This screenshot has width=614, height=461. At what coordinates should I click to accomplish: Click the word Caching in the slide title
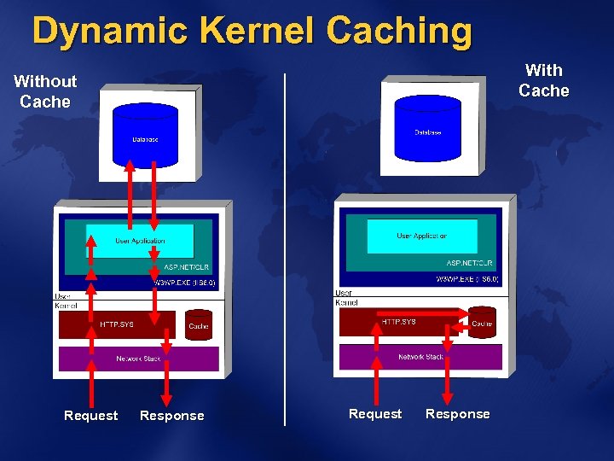(x=399, y=31)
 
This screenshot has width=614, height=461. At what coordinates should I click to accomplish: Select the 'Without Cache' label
(x=45, y=91)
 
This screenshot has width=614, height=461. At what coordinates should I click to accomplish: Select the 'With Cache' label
(x=543, y=80)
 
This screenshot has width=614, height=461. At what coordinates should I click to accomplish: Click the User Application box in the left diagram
(x=139, y=242)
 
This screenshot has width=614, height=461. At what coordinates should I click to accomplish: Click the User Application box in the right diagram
(x=421, y=236)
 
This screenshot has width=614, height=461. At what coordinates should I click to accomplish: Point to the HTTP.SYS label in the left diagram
(x=117, y=324)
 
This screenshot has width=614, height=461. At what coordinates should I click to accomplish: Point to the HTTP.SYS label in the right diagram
(x=399, y=322)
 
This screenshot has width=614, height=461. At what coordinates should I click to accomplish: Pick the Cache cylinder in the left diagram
(x=199, y=325)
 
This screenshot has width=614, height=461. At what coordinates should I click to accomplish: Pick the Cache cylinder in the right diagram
(x=482, y=323)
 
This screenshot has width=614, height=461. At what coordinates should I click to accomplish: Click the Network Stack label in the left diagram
(x=138, y=359)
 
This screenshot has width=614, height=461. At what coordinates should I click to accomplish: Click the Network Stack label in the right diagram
(x=420, y=356)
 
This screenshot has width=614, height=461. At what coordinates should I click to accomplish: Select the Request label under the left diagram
(x=90, y=416)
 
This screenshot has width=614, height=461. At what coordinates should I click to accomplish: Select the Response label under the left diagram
(x=171, y=416)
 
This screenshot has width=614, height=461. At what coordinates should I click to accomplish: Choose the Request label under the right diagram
(x=374, y=414)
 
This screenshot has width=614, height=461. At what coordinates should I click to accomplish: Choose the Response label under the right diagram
(x=457, y=414)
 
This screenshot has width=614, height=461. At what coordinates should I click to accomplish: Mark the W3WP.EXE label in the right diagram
(x=466, y=279)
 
